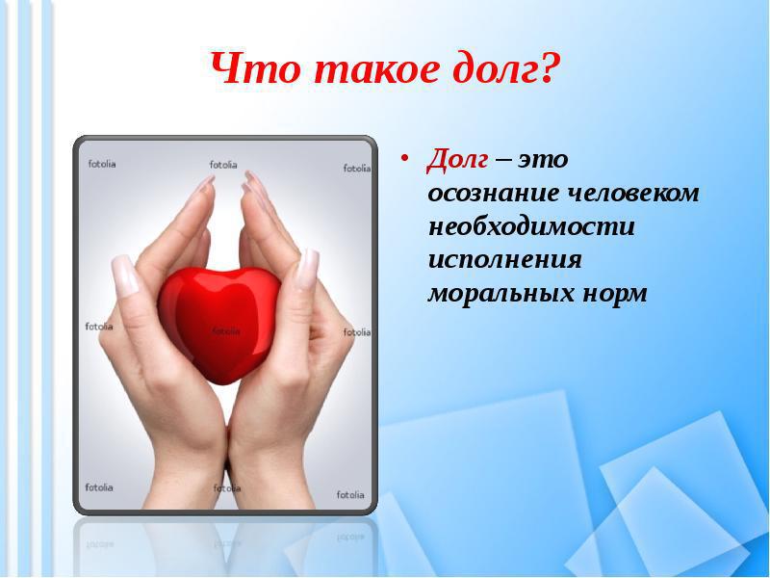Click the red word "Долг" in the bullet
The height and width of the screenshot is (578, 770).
(457, 160)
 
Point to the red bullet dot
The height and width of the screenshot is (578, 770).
(404, 158)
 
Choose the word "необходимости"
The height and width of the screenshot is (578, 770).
(532, 226)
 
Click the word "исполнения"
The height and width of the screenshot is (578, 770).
(504, 259)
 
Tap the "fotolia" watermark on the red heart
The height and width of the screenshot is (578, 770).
(226, 331)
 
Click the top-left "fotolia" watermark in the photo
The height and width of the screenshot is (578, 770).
(102, 164)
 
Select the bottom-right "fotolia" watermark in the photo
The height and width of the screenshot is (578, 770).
(350, 494)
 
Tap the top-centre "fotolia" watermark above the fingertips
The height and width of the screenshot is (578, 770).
(223, 165)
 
